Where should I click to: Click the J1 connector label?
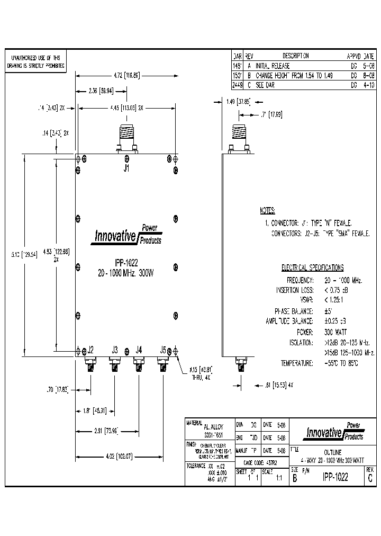tap(126, 169)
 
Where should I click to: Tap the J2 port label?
tap(90, 350)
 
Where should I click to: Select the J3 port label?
tap(115, 350)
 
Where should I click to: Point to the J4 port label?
tap(139, 350)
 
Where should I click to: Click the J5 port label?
tap(163, 350)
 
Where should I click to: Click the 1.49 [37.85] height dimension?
tap(238, 101)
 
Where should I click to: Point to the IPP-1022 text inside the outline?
tap(126, 264)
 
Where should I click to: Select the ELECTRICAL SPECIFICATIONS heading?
tap(312, 268)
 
